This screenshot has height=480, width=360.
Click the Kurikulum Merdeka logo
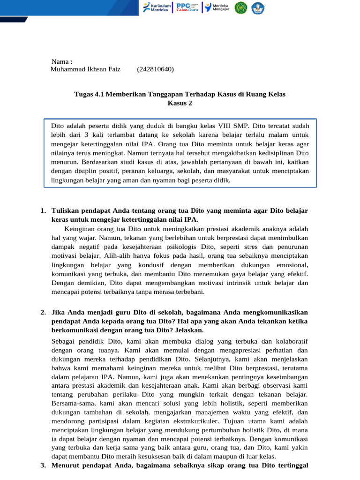[x=157, y=7]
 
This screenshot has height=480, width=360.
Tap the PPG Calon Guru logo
[x=187, y=7]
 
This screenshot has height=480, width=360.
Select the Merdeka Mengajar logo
[x=217, y=7]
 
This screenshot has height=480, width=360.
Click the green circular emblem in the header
[x=241, y=7]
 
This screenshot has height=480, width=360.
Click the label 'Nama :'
[x=62, y=61]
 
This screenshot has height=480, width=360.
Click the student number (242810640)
[x=155, y=69]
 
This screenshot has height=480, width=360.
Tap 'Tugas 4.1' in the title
[x=89, y=94]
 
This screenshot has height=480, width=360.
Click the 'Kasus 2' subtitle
[x=180, y=103]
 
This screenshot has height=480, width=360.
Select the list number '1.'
[x=44, y=211]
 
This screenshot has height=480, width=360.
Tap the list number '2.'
[x=44, y=312]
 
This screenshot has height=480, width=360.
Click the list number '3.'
[x=44, y=465]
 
